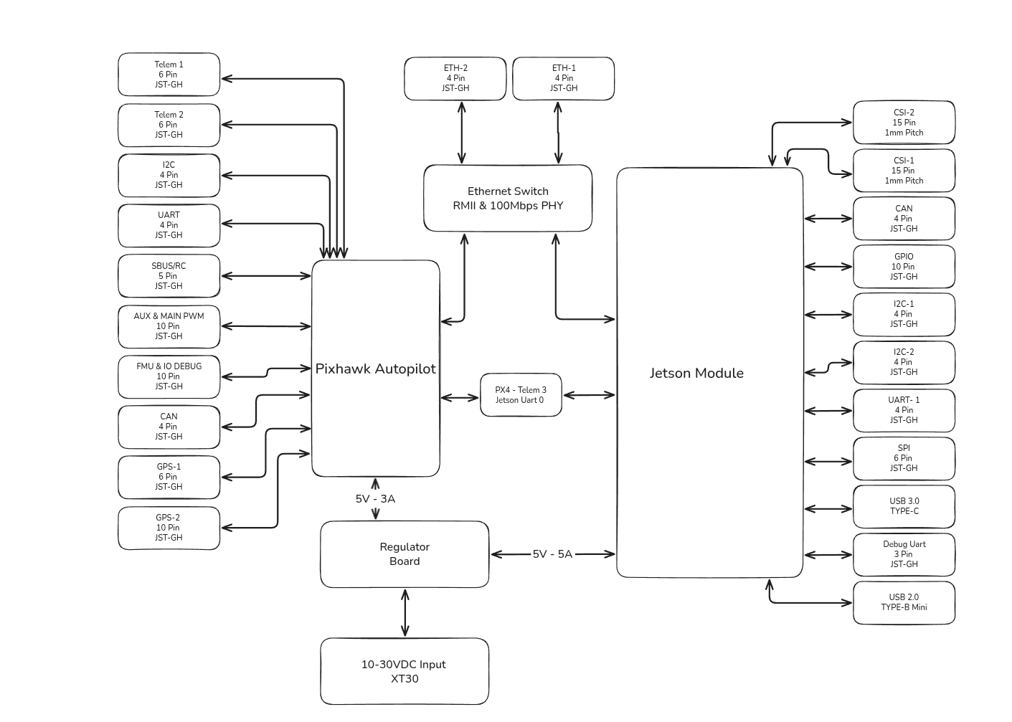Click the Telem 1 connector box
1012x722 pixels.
(x=169, y=75)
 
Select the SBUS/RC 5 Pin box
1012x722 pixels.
(x=169, y=276)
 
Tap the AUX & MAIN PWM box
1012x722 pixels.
(x=169, y=326)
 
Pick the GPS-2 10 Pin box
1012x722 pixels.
(x=169, y=528)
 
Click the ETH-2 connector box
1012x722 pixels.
(x=455, y=79)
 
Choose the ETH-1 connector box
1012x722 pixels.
(x=563, y=79)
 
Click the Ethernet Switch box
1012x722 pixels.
(x=508, y=199)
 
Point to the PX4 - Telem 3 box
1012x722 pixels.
(x=521, y=395)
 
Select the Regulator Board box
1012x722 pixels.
(x=405, y=554)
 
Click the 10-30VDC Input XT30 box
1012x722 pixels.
(x=405, y=672)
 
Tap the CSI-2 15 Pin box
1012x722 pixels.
(x=904, y=123)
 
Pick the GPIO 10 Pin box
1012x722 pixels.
(x=904, y=267)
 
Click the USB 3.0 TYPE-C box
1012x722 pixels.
(x=904, y=506)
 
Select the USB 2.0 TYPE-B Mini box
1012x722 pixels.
(x=904, y=602)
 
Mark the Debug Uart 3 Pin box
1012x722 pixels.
(x=904, y=554)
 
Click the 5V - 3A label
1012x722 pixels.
(x=375, y=499)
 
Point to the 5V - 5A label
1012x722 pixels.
(x=552, y=554)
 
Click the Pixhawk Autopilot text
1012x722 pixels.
(x=376, y=369)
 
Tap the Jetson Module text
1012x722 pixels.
(x=696, y=374)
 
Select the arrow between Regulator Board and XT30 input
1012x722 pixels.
(x=405, y=613)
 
